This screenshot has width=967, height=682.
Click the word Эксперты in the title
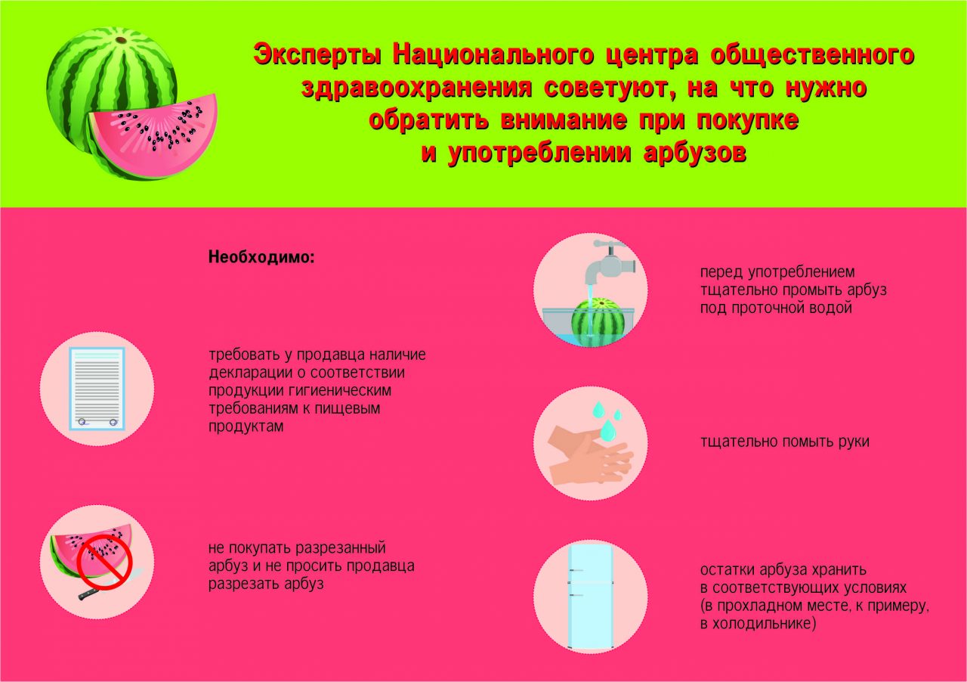[x=317, y=56]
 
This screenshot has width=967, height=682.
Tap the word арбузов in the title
[x=694, y=153]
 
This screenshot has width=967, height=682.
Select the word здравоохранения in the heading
[x=416, y=88]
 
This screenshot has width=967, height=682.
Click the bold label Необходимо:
[x=261, y=257]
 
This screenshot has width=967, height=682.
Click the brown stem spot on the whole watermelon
[x=122, y=41]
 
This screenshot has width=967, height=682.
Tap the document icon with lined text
[x=97, y=389]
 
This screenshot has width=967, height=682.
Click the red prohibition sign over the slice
[x=105, y=563]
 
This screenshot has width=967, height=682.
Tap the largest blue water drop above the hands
[x=609, y=430]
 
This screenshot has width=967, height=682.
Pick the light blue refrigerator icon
[x=590, y=597]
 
